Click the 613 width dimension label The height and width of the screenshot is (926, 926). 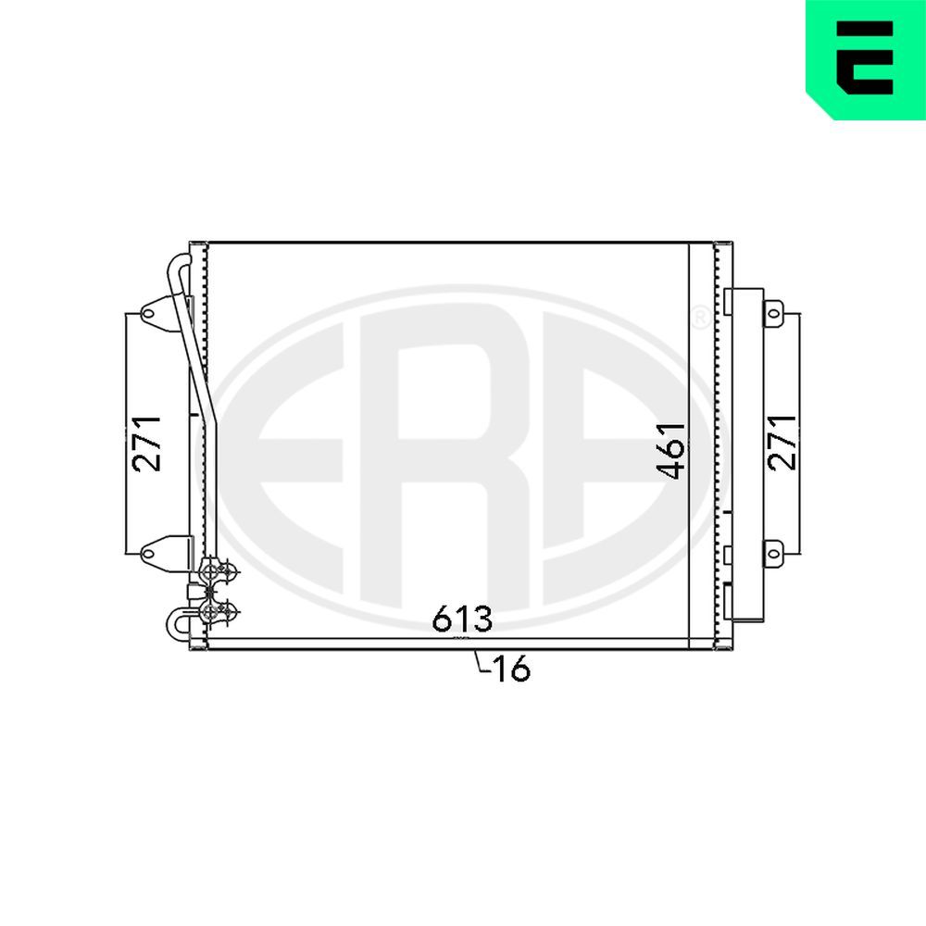[462, 619]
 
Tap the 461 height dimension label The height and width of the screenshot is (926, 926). [672, 451]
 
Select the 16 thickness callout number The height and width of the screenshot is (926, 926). [511, 669]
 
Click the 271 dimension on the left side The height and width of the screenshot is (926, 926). [147, 444]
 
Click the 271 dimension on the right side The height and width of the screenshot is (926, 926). [783, 442]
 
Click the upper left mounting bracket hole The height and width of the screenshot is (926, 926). [147, 314]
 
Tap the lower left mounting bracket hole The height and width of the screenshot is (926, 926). [147, 553]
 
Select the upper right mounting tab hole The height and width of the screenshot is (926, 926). [773, 314]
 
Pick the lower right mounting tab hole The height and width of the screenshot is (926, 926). [773, 553]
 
